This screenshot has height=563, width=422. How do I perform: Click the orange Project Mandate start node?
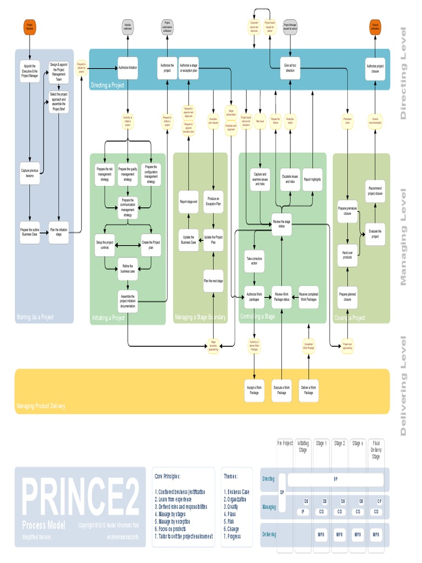pos(30,26)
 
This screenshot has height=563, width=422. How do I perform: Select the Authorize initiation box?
pos(127,68)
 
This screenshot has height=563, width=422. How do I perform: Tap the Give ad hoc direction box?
pos(290,68)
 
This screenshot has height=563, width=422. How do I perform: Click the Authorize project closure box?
pos(375,68)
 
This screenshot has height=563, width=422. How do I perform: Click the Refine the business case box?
pos(127,268)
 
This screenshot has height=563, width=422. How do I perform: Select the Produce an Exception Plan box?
pos(213,201)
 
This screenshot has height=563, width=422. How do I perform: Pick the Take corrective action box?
pos(254,261)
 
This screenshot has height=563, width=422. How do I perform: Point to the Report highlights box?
pos(312,179)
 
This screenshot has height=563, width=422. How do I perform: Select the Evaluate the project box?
pos(375,233)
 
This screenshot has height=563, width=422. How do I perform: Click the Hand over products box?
pos(347,255)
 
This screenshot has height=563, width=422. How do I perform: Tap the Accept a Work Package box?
pos(254,390)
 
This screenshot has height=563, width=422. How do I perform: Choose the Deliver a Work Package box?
pos(309,390)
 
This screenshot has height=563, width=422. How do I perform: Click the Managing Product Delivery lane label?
pos(41,406)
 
